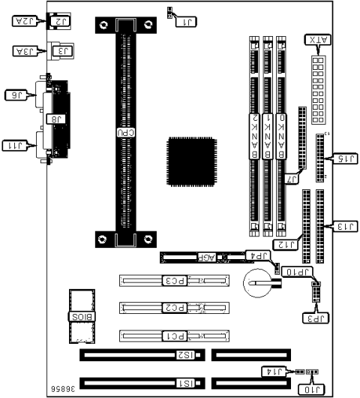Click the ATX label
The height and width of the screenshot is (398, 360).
[316, 40]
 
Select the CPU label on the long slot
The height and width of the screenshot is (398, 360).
[121, 131]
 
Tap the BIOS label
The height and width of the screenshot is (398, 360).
[79, 316]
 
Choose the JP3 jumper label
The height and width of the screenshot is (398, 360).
[315, 317]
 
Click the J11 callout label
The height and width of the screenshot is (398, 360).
[18, 145]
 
